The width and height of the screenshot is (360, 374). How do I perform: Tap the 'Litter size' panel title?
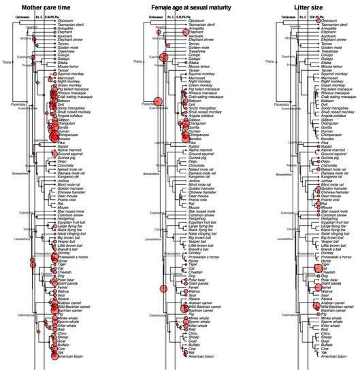310,6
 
